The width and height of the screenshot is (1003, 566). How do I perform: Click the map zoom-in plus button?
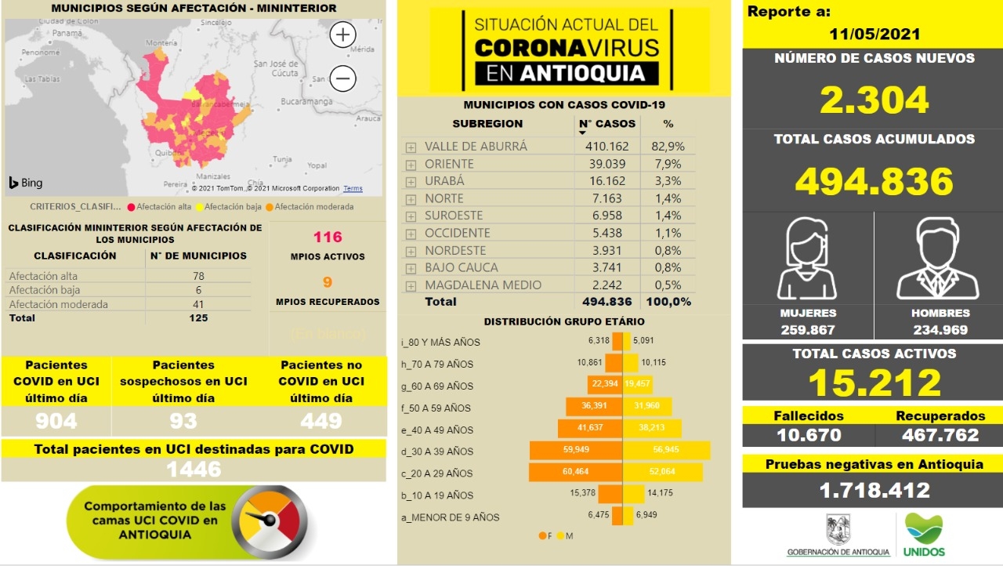pos(343,35)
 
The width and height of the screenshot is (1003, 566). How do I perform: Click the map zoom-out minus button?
pos(343,78)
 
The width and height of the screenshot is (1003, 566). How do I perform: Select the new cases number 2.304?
pos(874,100)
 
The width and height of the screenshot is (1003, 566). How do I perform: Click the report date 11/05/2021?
pos(874,34)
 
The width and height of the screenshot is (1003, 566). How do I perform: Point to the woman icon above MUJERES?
pos(807,258)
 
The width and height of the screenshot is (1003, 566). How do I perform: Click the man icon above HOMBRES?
pos(938,258)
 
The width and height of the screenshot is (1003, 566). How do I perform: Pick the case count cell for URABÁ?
pos(606,181)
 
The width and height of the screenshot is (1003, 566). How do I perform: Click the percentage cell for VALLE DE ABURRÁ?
pos(668,147)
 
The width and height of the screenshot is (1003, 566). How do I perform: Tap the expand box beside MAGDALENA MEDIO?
pos(411,286)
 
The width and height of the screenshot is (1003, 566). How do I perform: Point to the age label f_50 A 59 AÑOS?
pos(436,408)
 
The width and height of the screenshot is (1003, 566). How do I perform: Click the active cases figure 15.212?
pos(874,383)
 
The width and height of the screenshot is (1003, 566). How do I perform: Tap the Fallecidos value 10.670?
pos(809,435)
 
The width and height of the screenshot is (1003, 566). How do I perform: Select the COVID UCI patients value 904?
pos(56,422)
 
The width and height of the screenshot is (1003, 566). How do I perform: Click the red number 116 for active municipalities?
pos(328,237)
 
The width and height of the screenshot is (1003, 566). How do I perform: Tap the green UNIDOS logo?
pos(924,534)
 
